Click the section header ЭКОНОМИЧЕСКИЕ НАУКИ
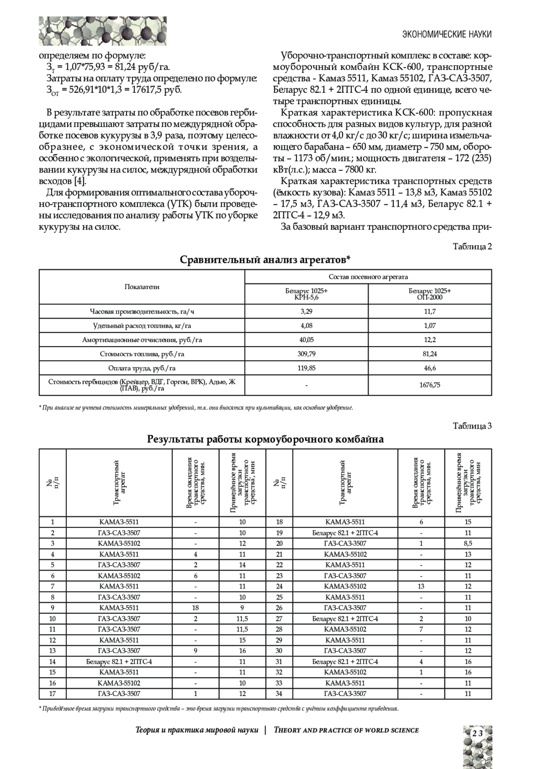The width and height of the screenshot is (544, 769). (447, 34)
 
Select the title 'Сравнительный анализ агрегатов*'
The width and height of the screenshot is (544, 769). (265, 260)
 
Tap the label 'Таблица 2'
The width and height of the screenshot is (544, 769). (472, 247)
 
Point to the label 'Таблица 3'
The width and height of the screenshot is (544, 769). (472, 426)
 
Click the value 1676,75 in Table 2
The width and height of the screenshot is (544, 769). (429, 385)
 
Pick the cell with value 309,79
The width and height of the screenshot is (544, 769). (306, 353)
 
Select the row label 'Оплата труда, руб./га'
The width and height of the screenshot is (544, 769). (142, 368)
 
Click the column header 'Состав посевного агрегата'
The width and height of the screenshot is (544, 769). (368, 277)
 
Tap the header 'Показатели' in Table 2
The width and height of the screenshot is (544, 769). (142, 287)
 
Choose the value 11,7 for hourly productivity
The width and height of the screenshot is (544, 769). (430, 312)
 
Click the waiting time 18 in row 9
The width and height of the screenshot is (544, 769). (195, 608)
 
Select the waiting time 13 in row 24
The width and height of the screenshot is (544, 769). (421, 586)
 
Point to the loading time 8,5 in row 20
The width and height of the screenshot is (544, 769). (468, 543)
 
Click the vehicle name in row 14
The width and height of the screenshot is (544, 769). (119, 662)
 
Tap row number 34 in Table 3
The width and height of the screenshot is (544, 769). (279, 693)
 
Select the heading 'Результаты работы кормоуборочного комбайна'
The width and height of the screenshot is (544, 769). (265, 439)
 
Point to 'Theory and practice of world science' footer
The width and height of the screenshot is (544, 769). (346, 730)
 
